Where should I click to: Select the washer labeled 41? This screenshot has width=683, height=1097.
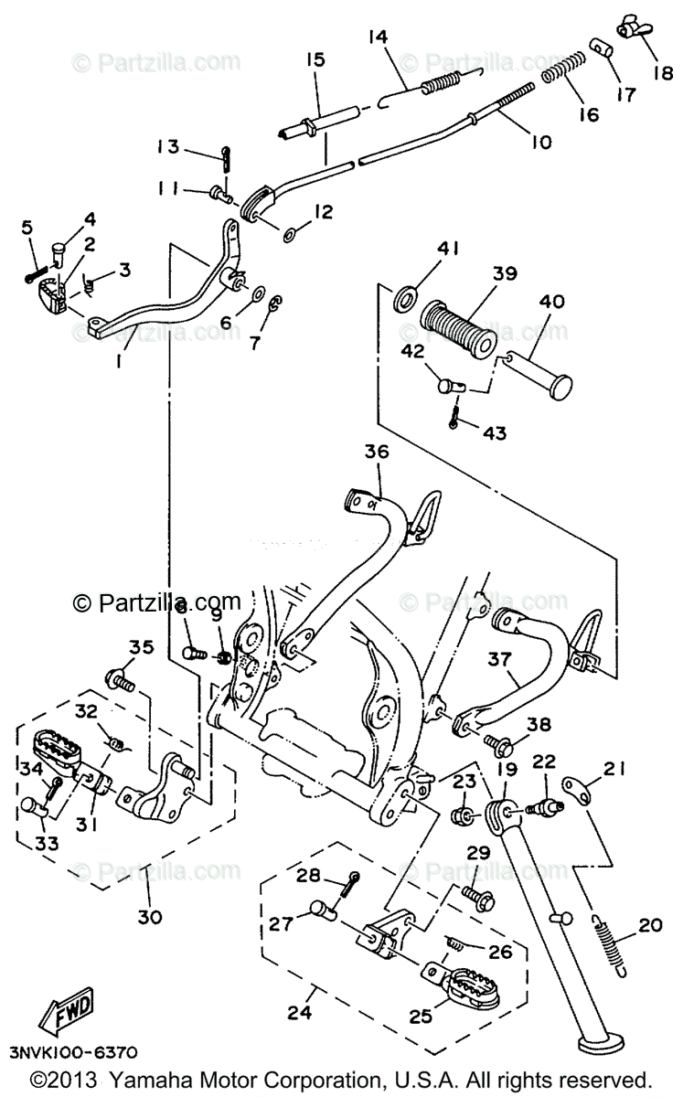click(x=406, y=296)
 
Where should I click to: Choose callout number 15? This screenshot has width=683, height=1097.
click(x=315, y=62)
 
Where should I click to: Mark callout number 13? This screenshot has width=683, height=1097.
click(x=166, y=148)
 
